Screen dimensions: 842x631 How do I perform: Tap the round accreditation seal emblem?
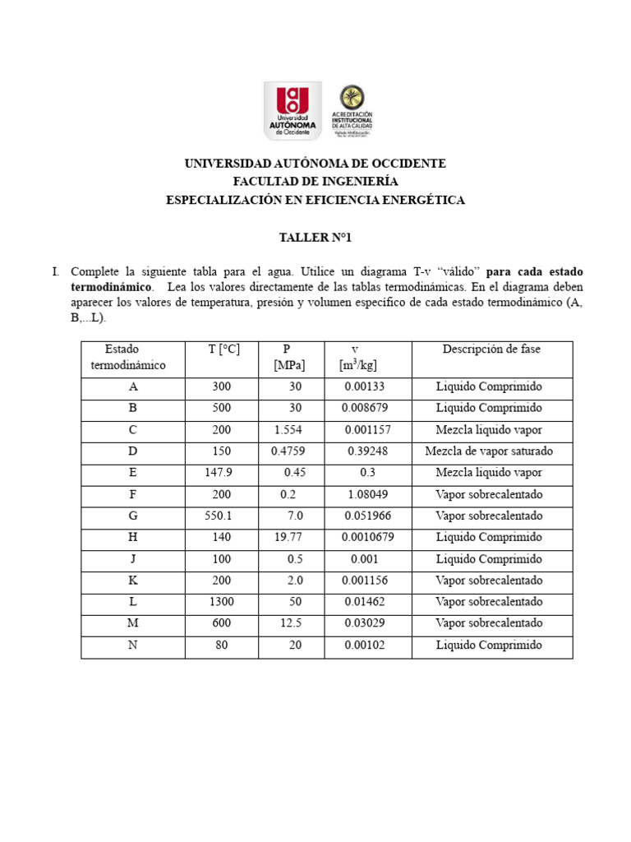[x=352, y=97]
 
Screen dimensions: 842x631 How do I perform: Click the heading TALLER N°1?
[x=315, y=238]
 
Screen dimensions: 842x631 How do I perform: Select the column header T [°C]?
[x=223, y=349]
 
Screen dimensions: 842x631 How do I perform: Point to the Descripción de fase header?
[x=491, y=349]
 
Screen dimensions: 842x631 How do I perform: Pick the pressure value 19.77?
[x=288, y=538]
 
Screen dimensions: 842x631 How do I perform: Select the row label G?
[x=133, y=516]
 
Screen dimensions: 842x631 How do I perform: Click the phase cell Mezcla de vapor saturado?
[x=489, y=451]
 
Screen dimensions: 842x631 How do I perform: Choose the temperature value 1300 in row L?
[x=221, y=602]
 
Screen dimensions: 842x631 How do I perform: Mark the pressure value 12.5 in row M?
[x=291, y=623]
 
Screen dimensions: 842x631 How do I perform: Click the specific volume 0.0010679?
[x=363, y=538]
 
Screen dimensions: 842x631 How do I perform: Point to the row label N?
[x=133, y=645]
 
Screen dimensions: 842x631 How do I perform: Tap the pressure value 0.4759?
[x=288, y=451]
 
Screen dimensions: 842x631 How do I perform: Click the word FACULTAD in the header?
[x=261, y=182]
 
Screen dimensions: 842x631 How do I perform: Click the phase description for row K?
[x=489, y=581]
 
